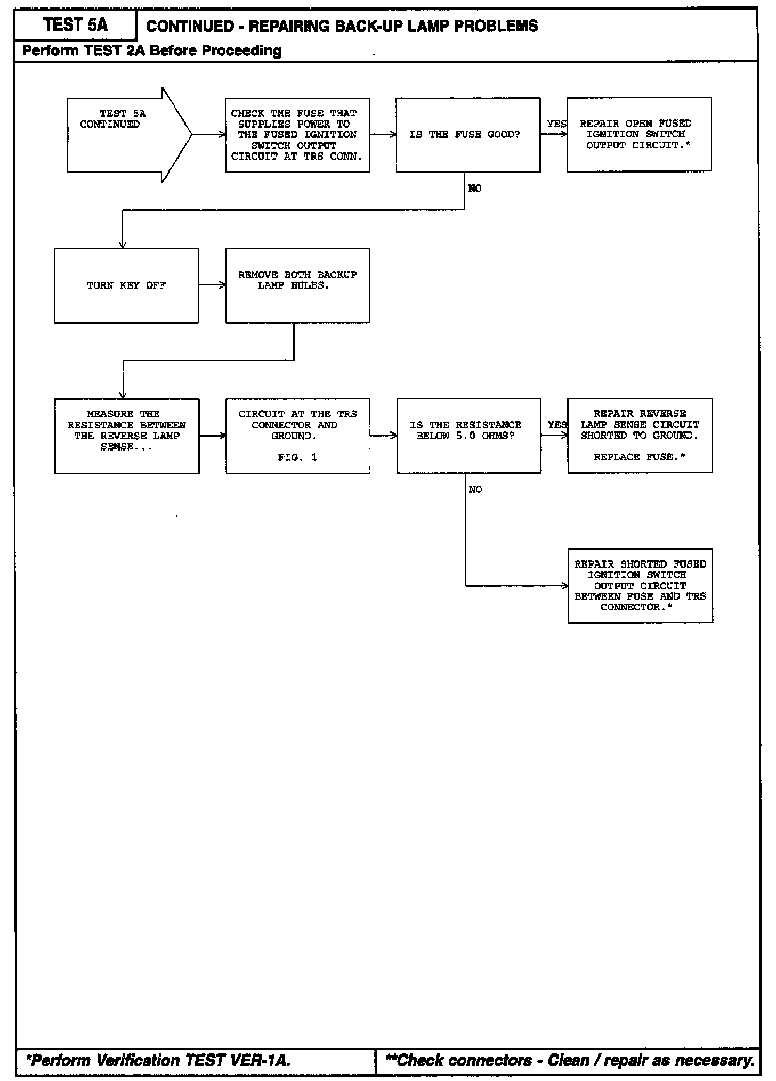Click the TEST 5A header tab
(x=75, y=25)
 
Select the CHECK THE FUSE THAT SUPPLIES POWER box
(x=297, y=135)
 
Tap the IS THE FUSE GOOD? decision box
(x=467, y=135)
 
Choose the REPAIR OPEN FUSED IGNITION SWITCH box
(x=638, y=134)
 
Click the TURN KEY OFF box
(x=126, y=285)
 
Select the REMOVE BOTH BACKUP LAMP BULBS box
(x=297, y=285)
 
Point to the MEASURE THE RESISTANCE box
(x=127, y=436)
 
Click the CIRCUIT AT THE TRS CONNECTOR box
(x=297, y=436)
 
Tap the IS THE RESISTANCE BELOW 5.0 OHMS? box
(x=468, y=436)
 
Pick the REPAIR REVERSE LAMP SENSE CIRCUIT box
(x=640, y=435)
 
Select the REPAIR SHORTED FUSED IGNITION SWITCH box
(x=640, y=586)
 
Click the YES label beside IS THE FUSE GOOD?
(x=556, y=124)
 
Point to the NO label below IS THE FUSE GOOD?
(x=474, y=189)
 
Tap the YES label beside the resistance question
(x=556, y=425)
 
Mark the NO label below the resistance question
(x=475, y=489)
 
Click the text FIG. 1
(x=297, y=457)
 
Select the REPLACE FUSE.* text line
(x=639, y=457)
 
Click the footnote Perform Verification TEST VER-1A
(x=158, y=1060)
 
